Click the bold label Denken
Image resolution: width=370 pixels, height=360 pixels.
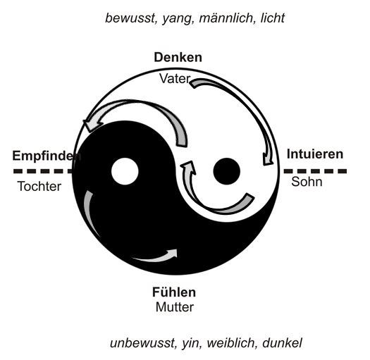[178, 57]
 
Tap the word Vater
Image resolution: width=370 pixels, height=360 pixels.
[175, 79]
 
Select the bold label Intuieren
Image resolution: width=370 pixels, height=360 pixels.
[315, 154]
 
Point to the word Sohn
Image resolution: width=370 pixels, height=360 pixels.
[307, 182]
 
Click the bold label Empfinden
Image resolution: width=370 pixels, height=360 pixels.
[47, 156]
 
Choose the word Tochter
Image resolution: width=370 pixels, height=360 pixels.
[39, 187]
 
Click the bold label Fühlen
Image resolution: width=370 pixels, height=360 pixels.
[174, 292]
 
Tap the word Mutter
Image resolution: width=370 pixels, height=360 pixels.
[175, 307]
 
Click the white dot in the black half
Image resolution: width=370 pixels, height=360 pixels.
[125, 171]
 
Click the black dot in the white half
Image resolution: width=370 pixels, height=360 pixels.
[226, 171]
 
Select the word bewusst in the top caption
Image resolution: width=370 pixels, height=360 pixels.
[130, 18]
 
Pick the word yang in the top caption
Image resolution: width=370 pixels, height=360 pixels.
[177, 19]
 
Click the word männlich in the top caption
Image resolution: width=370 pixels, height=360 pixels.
[226, 18]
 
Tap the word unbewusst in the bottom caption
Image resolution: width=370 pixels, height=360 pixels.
[142, 343]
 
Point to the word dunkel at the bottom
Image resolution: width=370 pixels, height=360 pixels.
[282, 343]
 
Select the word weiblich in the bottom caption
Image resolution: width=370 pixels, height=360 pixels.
[232, 343]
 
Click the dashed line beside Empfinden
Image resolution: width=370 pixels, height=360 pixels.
[43, 171]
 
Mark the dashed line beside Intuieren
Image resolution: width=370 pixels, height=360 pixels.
[315, 171]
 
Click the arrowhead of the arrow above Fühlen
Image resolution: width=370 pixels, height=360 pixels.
[173, 254]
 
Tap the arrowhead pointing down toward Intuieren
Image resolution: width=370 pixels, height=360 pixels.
[268, 159]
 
